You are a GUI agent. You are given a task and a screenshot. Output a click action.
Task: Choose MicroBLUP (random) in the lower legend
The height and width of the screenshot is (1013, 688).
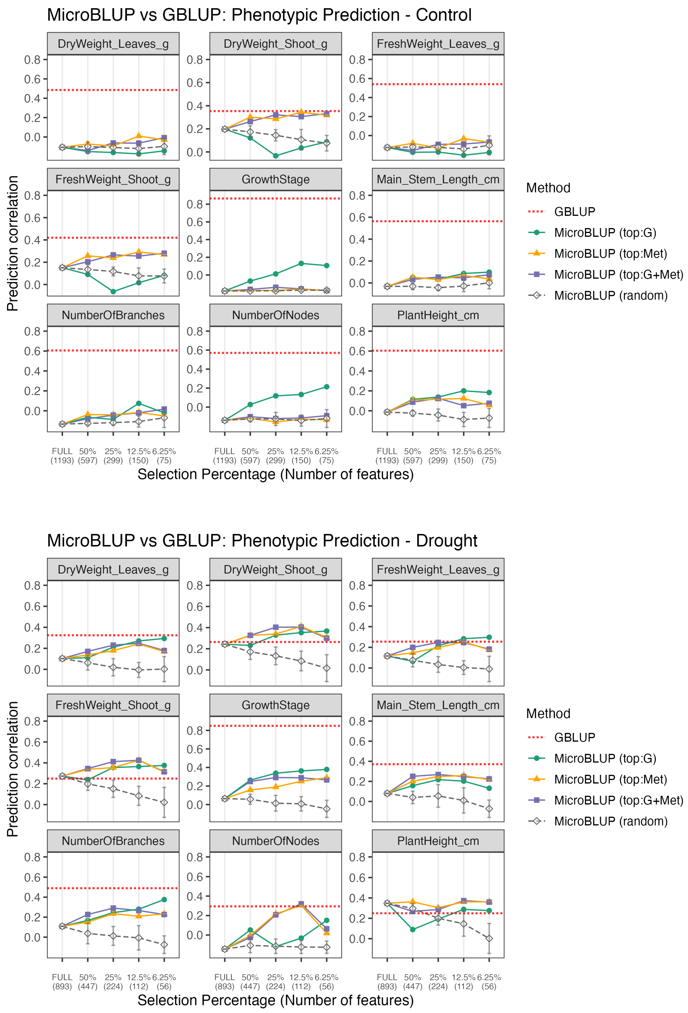pyautogui.click(x=610, y=821)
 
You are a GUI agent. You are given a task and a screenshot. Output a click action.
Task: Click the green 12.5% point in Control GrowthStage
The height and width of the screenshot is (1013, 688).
pyautogui.click(x=301, y=263)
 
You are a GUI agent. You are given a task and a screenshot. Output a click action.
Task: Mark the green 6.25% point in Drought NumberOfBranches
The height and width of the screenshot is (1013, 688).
pyautogui.click(x=164, y=899)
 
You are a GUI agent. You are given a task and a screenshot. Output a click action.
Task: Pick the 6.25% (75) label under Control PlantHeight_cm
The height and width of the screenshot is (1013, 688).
pyautogui.click(x=489, y=456)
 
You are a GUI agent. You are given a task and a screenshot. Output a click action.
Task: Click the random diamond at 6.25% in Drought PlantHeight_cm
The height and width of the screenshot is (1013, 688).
pyautogui.click(x=489, y=938)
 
